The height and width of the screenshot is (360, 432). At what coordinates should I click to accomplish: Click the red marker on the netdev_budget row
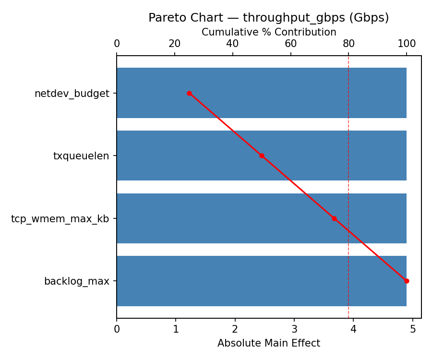(x=189, y=93)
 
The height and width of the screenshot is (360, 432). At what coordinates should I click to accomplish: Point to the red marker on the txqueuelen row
(x=262, y=156)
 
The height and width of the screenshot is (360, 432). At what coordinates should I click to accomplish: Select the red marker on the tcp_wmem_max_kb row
(x=334, y=218)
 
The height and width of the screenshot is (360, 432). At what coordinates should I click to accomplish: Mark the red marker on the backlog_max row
(x=407, y=281)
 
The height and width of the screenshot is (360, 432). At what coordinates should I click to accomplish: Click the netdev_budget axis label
(x=72, y=94)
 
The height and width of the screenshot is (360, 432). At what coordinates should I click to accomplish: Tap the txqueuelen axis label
(x=81, y=156)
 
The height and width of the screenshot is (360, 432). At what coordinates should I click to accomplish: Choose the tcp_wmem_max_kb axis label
(x=60, y=219)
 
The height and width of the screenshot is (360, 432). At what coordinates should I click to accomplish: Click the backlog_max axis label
(x=77, y=281)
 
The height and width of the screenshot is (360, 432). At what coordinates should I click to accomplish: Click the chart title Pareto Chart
(x=268, y=18)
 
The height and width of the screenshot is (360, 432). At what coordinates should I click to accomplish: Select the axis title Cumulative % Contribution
(x=269, y=32)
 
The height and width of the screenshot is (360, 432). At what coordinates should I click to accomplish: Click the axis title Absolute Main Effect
(x=269, y=343)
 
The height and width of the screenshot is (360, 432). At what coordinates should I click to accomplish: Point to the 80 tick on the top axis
(x=348, y=44)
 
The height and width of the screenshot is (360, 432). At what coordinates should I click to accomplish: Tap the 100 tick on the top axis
(x=407, y=44)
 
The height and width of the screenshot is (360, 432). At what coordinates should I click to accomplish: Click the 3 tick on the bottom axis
(x=294, y=329)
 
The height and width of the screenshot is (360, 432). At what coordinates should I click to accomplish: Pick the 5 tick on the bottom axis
(x=413, y=329)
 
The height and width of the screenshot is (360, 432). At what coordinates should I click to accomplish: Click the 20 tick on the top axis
(x=175, y=44)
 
